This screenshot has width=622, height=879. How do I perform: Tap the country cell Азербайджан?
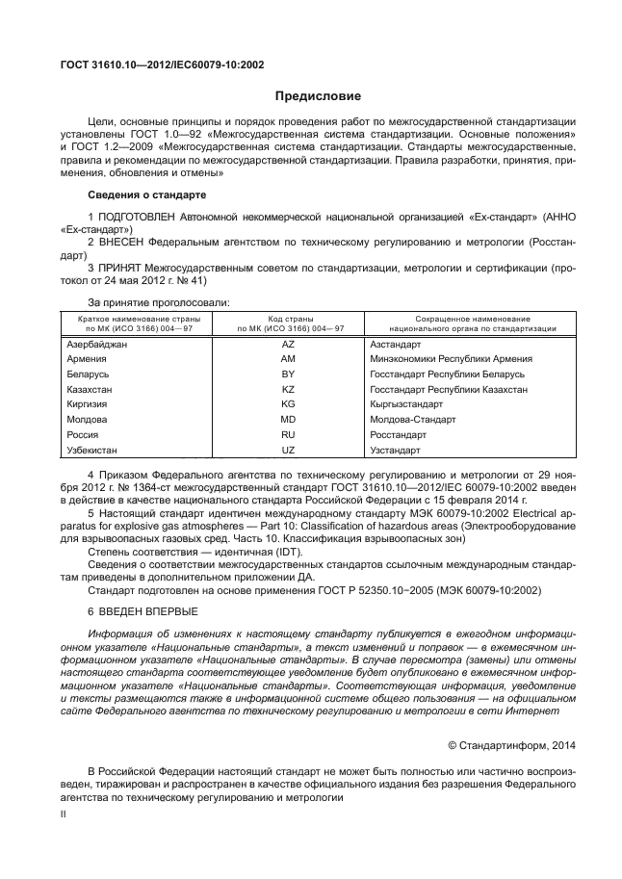coord(98,344)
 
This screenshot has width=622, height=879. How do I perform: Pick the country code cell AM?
coord(287,359)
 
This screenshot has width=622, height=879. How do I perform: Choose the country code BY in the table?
coord(287,374)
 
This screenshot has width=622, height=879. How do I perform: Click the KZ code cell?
coord(287,389)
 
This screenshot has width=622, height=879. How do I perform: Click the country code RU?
coord(287,435)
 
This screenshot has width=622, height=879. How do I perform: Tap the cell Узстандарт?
coord(395,451)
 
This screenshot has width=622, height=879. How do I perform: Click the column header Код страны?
coord(287,319)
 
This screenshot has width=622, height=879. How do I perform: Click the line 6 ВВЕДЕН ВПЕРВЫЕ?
coord(143,612)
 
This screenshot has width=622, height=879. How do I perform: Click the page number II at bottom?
coord(64,814)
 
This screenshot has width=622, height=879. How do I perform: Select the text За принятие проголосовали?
coord(157,302)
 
